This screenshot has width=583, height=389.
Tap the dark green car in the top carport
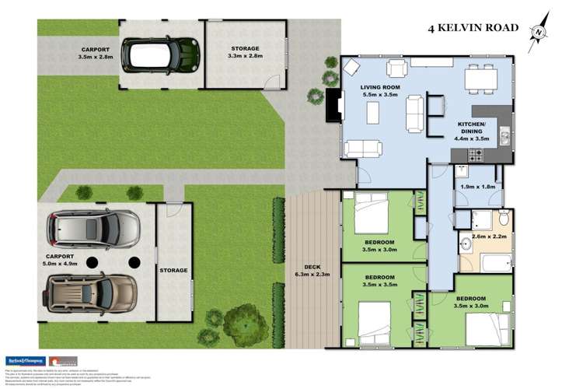[x=160, y=54]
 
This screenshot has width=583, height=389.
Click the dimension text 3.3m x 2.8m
[x=244, y=57]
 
